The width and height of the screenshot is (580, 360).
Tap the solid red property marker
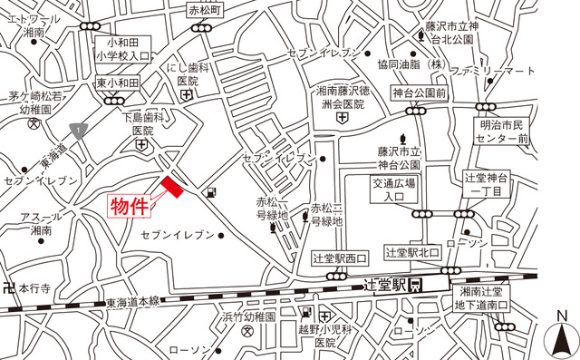tap(172, 188)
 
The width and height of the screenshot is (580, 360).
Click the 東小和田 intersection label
tap(116, 83)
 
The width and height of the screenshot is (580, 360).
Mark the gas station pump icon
tap(211, 192)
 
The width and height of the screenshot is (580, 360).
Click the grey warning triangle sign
tap(80, 131)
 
